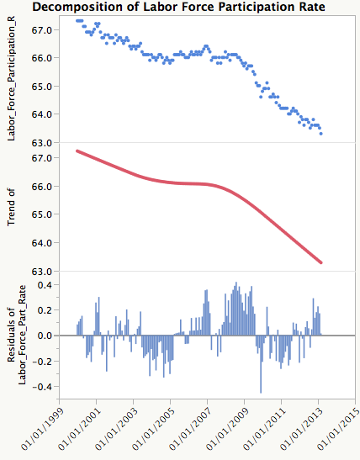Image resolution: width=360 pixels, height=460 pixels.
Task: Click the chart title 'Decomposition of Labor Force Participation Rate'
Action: pyautogui.click(x=179, y=7)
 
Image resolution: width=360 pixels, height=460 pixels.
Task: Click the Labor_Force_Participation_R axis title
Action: pyautogui.click(x=12, y=80)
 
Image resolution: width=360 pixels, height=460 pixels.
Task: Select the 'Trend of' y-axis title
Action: pyautogui.click(x=12, y=207)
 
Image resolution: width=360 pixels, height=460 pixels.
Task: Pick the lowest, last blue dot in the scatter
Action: pyautogui.click(x=321, y=134)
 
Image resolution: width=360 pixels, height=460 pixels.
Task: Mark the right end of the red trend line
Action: pyautogui.click(x=321, y=263)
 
